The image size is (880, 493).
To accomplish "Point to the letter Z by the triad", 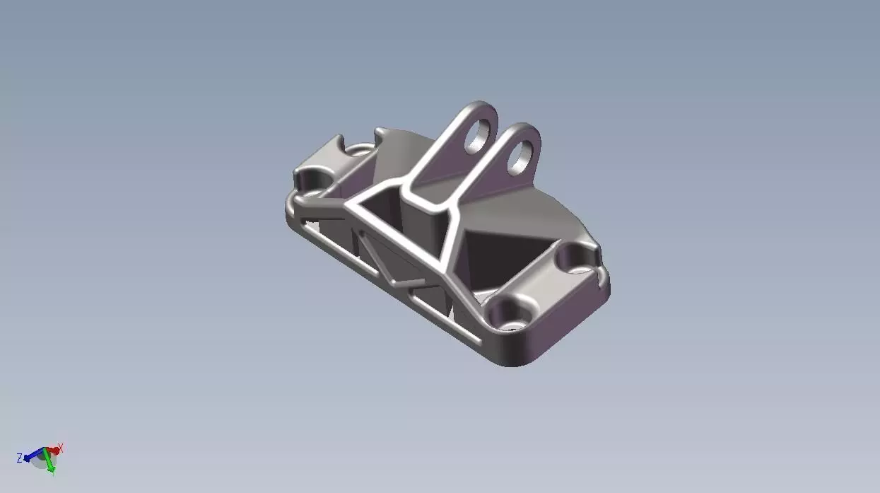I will click(19, 458).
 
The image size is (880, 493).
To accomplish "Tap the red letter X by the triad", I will click(61, 447).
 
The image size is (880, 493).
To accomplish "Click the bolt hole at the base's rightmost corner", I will click(576, 259).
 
